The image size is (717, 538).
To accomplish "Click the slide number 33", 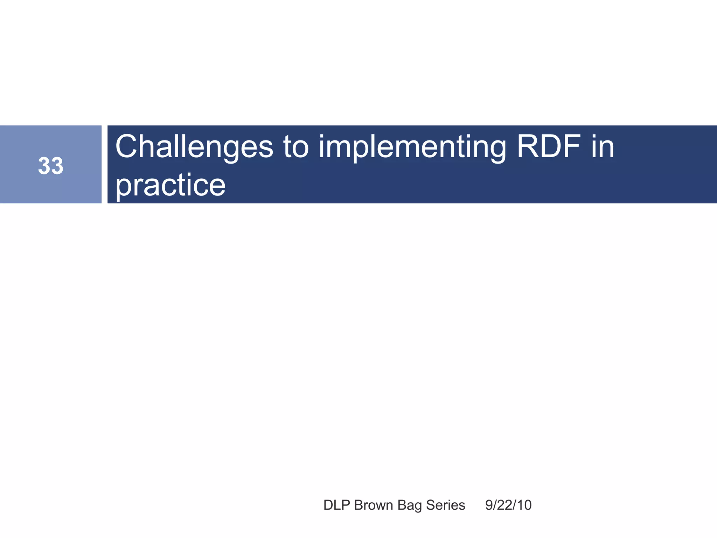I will point(51,166).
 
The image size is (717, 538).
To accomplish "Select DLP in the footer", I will point(337,505).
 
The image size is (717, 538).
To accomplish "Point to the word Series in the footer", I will point(446,505).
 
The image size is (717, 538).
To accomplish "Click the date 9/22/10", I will point(508,505).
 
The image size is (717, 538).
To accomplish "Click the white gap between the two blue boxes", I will point(104,164).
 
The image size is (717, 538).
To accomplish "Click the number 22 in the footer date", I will point(508,505).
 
